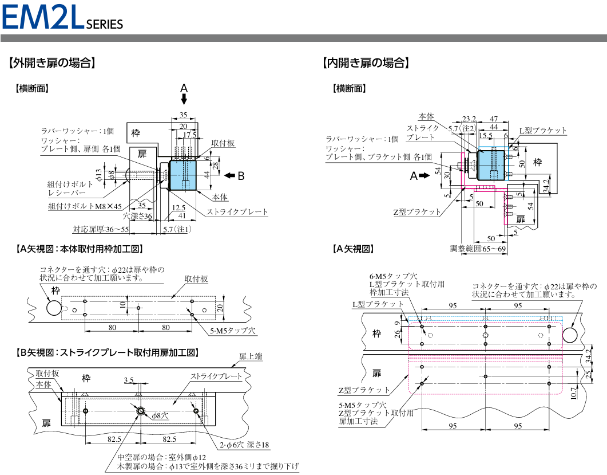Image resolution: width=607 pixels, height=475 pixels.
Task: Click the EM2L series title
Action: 62,17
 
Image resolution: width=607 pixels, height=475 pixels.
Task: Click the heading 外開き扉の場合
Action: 52,63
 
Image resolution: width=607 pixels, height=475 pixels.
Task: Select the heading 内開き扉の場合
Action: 366,63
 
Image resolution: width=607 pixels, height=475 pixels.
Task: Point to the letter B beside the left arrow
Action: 241,176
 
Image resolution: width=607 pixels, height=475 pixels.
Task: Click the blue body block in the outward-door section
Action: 183,175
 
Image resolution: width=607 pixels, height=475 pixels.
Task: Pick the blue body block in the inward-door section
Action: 491,165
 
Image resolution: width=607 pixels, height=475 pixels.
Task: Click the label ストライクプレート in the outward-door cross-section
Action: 237,211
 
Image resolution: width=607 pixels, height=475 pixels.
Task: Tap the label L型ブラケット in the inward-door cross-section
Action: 543,131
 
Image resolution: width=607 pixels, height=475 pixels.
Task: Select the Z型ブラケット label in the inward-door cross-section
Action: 417,211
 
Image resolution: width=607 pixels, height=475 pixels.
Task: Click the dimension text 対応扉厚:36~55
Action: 101,229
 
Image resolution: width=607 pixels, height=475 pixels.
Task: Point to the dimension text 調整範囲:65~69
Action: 478,249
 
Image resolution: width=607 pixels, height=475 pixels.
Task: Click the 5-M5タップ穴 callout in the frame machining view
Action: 233,331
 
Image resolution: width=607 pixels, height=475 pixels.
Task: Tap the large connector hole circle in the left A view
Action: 54,308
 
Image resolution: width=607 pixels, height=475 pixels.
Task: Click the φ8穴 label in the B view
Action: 160,415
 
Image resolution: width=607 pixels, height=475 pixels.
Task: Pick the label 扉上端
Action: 251,356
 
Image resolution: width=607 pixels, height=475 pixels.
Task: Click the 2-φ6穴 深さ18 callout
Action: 244,445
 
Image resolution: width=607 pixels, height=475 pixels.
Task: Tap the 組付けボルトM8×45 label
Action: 85,206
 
